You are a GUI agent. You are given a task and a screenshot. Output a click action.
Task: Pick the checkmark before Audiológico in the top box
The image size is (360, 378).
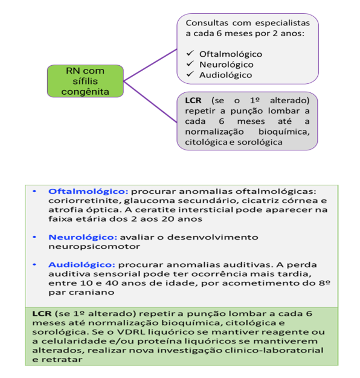[189, 75]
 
